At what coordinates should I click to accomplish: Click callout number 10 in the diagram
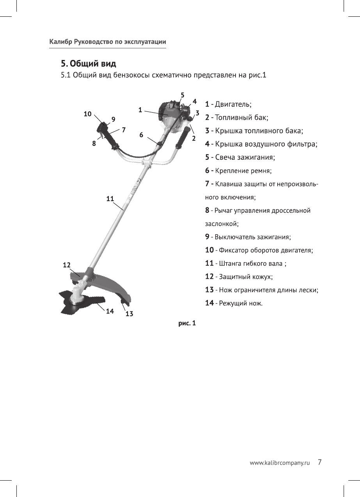(88, 114)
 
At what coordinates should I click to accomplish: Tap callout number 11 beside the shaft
(110, 198)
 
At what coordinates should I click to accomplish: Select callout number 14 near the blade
(110, 311)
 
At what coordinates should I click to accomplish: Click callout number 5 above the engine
(183, 95)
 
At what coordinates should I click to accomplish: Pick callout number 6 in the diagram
(141, 135)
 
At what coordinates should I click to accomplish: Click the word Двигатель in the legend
(233, 105)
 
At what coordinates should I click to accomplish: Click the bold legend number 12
(209, 277)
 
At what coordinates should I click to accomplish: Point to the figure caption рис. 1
(187, 323)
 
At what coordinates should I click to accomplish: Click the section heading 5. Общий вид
(89, 63)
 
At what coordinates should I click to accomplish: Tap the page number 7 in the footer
(319, 462)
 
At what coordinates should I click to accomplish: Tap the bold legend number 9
(207, 237)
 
